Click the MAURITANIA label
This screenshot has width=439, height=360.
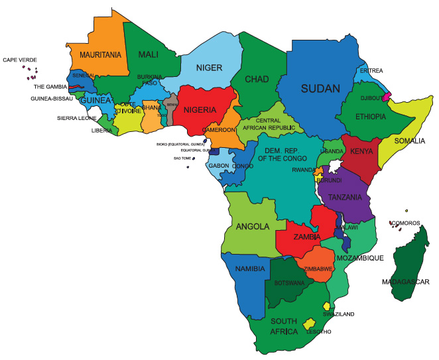[101, 54]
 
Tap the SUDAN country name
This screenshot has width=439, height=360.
[320, 88]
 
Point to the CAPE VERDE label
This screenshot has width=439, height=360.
[20, 60]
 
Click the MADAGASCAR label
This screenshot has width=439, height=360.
[406, 282]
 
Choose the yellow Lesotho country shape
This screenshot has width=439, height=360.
[309, 324]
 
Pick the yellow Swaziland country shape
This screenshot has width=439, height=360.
[327, 306]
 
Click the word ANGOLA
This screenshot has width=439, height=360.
[253, 226]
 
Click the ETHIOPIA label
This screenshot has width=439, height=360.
[370, 117]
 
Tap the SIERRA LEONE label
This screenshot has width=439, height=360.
[76, 118]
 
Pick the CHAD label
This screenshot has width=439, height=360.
[257, 80]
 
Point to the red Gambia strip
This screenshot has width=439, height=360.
[76, 86]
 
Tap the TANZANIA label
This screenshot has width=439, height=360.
[345, 197]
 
